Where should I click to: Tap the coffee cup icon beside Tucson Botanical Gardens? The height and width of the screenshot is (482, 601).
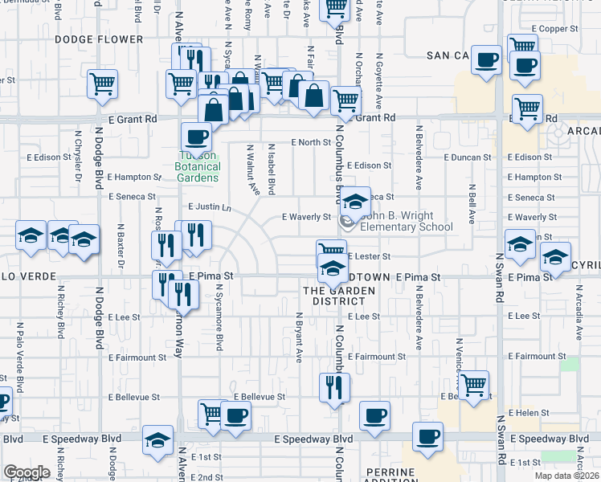(196, 137)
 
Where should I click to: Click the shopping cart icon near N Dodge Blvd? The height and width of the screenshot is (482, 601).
(102, 84)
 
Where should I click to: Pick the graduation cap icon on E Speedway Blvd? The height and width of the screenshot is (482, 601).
(158, 441)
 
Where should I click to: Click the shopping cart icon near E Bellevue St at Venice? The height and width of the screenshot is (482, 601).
(473, 386)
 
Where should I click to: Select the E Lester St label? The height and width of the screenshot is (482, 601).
(370, 256)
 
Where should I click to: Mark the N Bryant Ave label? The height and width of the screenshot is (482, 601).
(298, 337)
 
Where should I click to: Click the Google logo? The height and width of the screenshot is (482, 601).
(27, 472)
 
